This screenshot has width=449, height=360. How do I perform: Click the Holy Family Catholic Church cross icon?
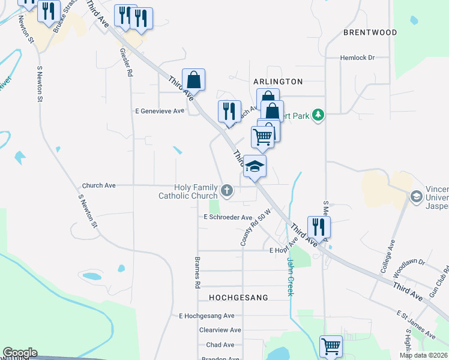(x=226, y=191)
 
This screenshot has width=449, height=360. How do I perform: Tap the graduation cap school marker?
(x=255, y=166)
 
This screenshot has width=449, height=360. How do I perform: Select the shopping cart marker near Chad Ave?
(x=331, y=346)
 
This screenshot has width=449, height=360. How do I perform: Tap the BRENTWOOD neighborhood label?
(x=370, y=32)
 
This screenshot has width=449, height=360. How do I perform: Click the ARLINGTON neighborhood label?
(x=278, y=81)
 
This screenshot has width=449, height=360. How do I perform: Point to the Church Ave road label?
(x=98, y=185)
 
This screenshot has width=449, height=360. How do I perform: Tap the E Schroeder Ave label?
(x=228, y=217)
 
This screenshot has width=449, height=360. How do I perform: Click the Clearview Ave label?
(x=220, y=330)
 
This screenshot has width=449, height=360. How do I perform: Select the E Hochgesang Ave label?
(x=206, y=316)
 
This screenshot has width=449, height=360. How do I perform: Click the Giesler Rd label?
(x=126, y=62)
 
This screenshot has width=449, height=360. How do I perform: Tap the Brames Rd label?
(x=196, y=273)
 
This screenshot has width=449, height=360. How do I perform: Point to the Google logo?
(x=20, y=353)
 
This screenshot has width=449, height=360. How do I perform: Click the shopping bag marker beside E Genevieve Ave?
(x=194, y=79)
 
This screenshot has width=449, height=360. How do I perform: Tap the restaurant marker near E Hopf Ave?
(x=319, y=227)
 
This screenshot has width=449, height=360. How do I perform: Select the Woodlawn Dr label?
(x=408, y=263)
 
